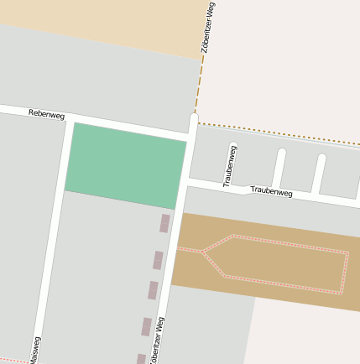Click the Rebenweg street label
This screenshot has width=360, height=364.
[x=46, y=113]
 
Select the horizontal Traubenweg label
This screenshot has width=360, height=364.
[x=271, y=192]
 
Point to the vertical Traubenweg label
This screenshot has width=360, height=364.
[x=228, y=165]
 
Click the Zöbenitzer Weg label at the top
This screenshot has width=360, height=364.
[x=208, y=28]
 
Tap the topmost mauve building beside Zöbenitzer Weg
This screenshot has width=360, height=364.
[x=164, y=223]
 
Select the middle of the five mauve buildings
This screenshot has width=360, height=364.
[x=153, y=290]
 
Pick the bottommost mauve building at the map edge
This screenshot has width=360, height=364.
[x=141, y=359]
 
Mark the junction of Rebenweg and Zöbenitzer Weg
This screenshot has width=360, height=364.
[x=190, y=133]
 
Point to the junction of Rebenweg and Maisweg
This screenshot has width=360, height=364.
[x=67, y=117]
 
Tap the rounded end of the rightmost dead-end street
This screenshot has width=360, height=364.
[x=321, y=157]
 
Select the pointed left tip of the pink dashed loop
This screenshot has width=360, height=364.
[x=202, y=251]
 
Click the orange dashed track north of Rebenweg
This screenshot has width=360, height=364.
[x=201, y=80]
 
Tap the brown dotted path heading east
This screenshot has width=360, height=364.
[x=277, y=133]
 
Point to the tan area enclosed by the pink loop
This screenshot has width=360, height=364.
[x=281, y=263]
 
